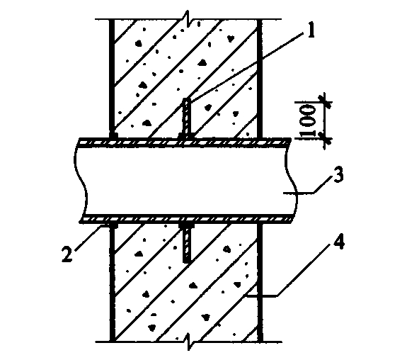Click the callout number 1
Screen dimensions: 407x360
pos(311,30)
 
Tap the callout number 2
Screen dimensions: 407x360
pos(67,254)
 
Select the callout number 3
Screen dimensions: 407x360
pos(338,174)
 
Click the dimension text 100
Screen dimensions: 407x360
pos(308,120)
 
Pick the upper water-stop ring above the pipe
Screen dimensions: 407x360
pos(186,118)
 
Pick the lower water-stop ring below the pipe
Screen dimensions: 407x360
pos(186,242)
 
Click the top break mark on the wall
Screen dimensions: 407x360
pos(188,18)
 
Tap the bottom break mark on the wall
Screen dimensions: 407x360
pos(190,342)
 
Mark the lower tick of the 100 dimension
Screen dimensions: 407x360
pos(325,139)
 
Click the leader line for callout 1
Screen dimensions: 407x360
pos(247,67)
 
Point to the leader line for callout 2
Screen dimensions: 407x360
pos(89,237)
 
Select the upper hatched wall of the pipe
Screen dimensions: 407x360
pos(185,142)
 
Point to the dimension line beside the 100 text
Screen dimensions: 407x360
pos(325,120)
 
